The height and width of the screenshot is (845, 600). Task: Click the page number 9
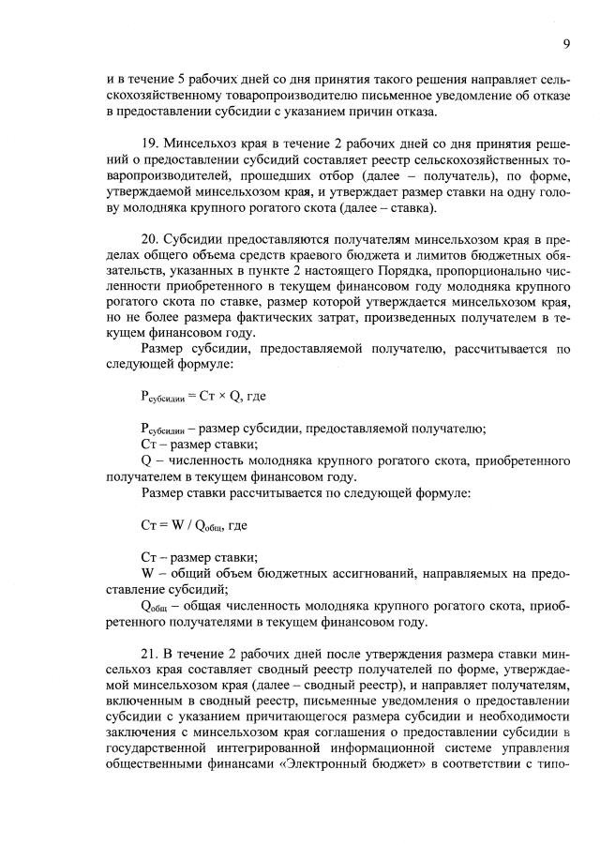(x=567, y=43)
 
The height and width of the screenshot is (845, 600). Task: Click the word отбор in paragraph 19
(x=352, y=176)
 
